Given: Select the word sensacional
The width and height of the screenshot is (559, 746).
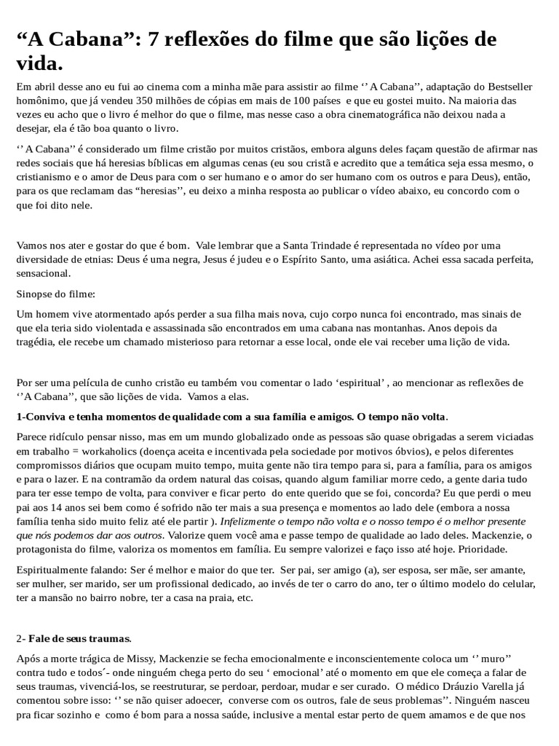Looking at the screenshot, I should pos(45,274).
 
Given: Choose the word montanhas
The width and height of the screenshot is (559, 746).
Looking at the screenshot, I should pos(368,328).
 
